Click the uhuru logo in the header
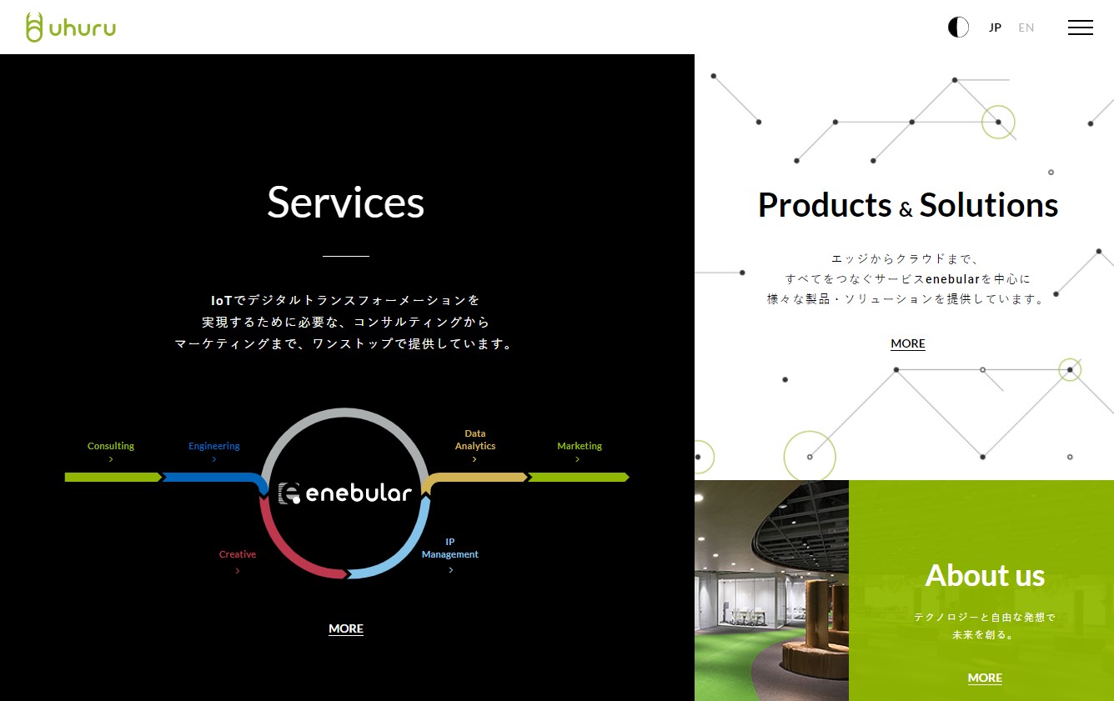71,28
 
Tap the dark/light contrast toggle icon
958,28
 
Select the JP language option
995,28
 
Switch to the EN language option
1026,28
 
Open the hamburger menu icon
1080,28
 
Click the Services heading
346,203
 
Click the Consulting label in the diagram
111,446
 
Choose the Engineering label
213,446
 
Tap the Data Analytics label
475,439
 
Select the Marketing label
580,446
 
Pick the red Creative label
237,554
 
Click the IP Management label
450,548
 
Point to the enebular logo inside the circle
345,493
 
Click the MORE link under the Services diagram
346,628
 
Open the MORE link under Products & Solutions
907,343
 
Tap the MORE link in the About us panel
985,678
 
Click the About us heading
985,575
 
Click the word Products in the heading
825,205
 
